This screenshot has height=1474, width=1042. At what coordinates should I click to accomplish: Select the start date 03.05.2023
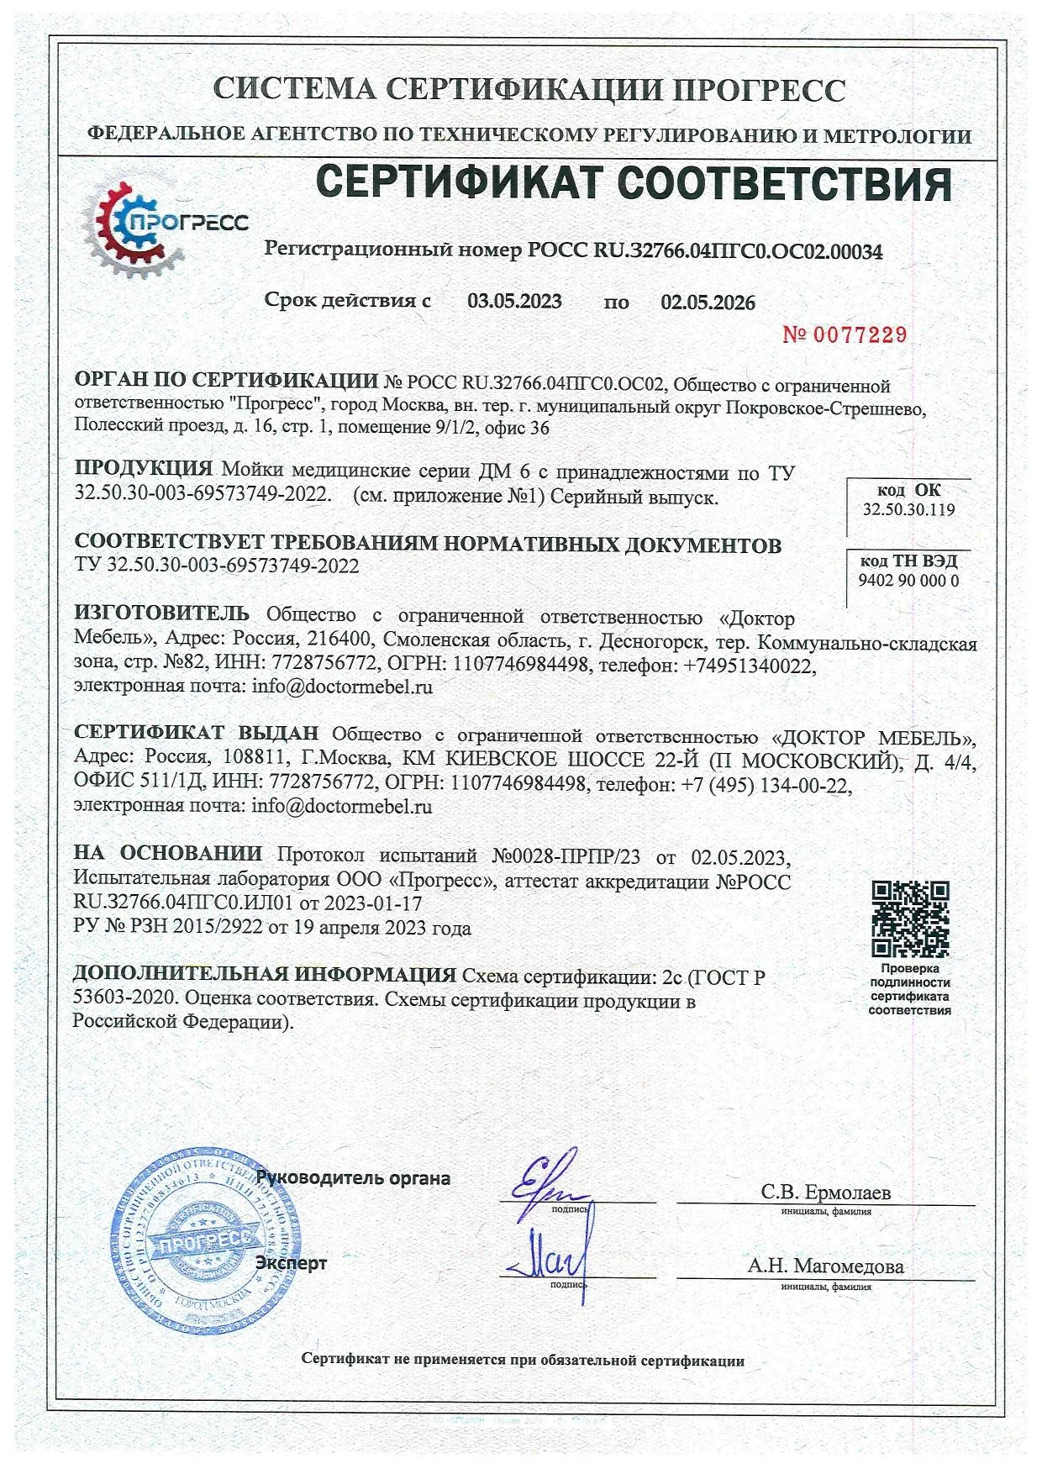coord(514,302)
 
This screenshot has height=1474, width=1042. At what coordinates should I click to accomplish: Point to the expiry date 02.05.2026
coord(708,303)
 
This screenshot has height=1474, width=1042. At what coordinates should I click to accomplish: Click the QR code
coord(910,919)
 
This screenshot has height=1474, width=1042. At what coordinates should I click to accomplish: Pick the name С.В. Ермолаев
coord(825,1192)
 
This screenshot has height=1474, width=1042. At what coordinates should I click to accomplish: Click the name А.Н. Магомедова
coord(825,1266)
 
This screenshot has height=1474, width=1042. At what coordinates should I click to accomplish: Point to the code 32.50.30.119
coord(908,510)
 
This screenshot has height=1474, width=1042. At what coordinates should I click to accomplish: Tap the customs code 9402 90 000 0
coord(908,580)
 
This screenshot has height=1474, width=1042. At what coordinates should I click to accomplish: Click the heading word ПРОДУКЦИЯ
coord(144,469)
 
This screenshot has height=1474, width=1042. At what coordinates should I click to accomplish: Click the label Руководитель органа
coord(354,1178)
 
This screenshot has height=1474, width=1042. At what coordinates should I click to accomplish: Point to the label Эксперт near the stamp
coord(291,1262)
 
